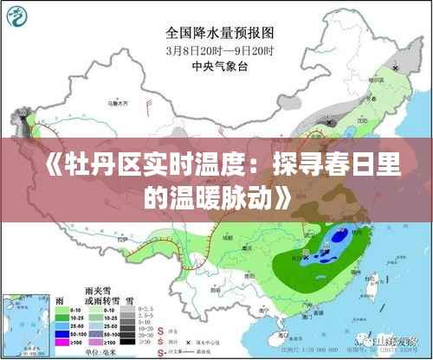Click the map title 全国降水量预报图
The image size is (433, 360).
[220, 33]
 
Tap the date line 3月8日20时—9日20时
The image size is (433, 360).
[220, 50]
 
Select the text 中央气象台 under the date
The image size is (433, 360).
[220, 65]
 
